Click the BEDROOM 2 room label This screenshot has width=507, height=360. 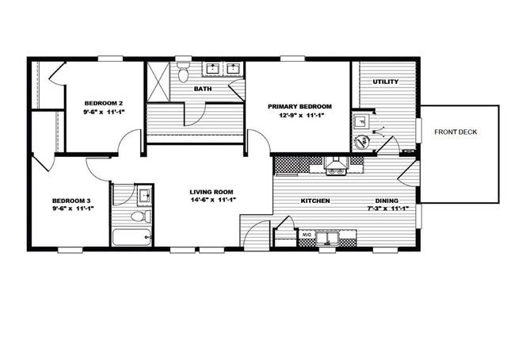point(104,103)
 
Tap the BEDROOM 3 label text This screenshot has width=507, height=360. point(73,200)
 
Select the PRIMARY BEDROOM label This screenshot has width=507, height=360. point(299,106)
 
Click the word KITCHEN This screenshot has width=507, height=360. point(314,201)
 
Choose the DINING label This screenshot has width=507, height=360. point(387,201)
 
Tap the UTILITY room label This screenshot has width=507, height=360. point(385,82)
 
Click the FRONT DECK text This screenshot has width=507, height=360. point(456,132)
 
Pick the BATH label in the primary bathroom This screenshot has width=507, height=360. point(203,90)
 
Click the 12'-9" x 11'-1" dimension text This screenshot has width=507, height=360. point(299,116)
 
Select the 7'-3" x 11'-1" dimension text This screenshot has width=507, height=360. point(387,209)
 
